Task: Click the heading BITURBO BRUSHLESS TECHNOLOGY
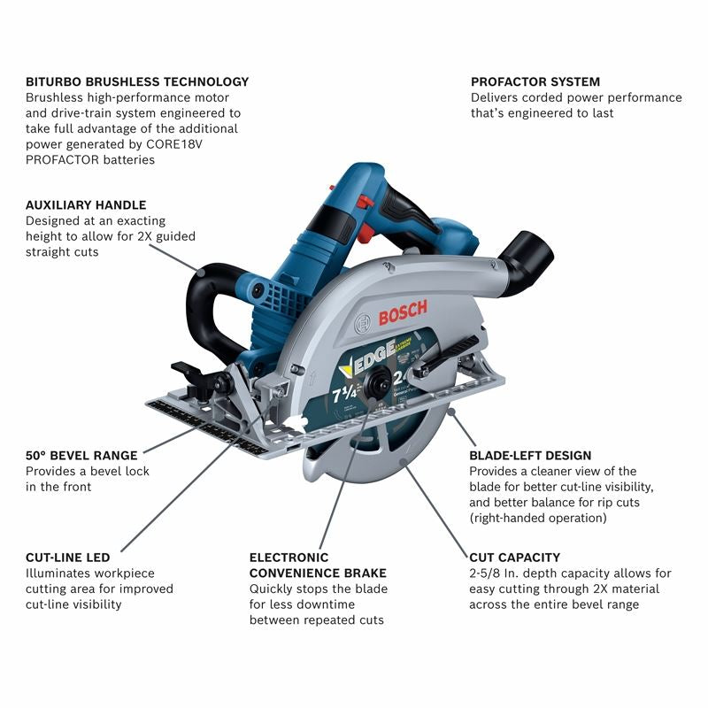[x=137, y=81]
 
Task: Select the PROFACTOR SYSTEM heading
[x=535, y=81]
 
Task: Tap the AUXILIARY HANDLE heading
[x=86, y=204]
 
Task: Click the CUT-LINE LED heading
[x=68, y=558]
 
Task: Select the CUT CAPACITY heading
[x=514, y=558]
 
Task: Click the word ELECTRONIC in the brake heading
[x=289, y=558]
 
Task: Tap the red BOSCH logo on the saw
[x=403, y=312]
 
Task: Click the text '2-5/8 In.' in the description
[x=497, y=573]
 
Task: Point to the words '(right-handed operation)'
[x=538, y=518]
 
